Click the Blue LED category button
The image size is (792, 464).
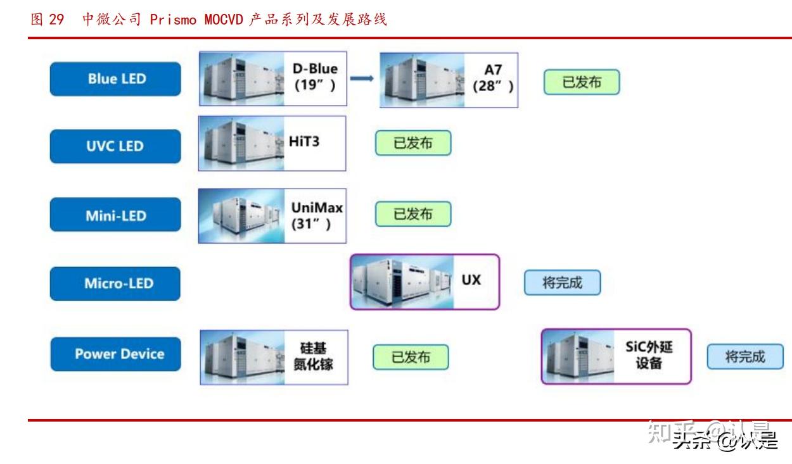pyautogui.click(x=115, y=79)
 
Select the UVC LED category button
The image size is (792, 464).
pyautogui.click(x=115, y=146)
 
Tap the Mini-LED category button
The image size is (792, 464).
pyautogui.click(x=115, y=216)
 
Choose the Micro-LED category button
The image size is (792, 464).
pyautogui.click(x=115, y=283)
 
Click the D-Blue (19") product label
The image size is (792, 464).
pyautogui.click(x=315, y=77)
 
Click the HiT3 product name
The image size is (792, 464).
pyautogui.click(x=304, y=141)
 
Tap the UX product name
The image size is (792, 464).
pyautogui.click(x=471, y=279)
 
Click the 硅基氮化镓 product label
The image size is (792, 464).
pyautogui.click(x=313, y=357)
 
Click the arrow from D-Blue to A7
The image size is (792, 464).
pyautogui.click(x=362, y=78)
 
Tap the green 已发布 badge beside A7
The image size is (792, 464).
pyautogui.click(x=581, y=82)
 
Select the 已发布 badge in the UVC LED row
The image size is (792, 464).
pyautogui.click(x=412, y=143)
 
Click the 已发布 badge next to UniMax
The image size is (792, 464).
pyautogui.click(x=412, y=214)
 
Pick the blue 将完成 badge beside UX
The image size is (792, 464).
pyautogui.click(x=561, y=283)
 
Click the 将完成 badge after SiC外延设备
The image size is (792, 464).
pyautogui.click(x=744, y=356)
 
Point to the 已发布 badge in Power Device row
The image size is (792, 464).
pyautogui.click(x=410, y=357)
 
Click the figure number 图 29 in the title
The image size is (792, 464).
pyautogui.click(x=48, y=20)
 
